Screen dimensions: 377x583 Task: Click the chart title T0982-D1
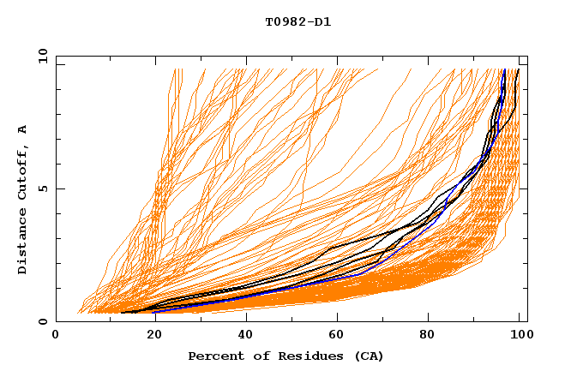tap(298, 22)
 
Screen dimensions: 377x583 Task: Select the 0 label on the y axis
tap(42, 321)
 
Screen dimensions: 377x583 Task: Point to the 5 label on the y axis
tap(42, 188)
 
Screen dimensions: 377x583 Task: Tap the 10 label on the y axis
tap(39, 56)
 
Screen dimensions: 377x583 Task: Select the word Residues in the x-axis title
tap(305, 356)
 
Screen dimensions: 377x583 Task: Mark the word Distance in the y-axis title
tap(23, 242)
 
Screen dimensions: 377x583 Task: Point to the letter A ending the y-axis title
tap(23, 129)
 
